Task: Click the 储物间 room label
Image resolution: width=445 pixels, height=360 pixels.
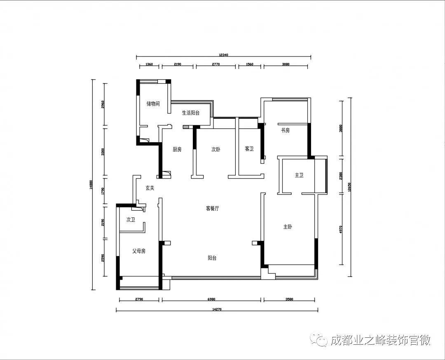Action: pyautogui.click(x=153, y=104)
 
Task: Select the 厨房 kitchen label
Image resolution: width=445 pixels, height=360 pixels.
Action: pyautogui.click(x=177, y=150)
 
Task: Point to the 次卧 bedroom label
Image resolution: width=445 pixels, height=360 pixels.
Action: pyautogui.click(x=215, y=150)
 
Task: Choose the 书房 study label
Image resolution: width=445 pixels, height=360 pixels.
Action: pyautogui.click(x=285, y=130)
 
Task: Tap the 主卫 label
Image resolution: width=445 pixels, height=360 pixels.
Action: pyautogui.click(x=299, y=175)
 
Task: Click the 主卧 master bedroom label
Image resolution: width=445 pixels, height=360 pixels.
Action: pyautogui.click(x=288, y=227)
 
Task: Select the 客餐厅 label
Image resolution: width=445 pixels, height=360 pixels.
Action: pyautogui.click(x=212, y=209)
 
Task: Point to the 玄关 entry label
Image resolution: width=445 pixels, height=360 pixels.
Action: pyautogui.click(x=150, y=188)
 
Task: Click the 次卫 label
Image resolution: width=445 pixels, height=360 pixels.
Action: pyautogui.click(x=131, y=220)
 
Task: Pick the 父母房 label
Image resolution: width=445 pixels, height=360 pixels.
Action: pyautogui.click(x=138, y=251)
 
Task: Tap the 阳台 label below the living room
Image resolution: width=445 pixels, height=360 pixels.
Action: pyautogui.click(x=212, y=258)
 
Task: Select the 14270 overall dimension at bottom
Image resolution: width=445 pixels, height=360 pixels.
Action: pyautogui.click(x=217, y=309)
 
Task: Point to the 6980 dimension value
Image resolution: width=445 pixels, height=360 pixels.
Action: pyautogui.click(x=211, y=299)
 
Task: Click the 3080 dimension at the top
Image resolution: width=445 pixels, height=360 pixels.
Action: pyautogui.click(x=286, y=64)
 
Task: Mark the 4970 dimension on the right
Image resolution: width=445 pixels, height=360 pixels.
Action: pyautogui.click(x=340, y=229)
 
